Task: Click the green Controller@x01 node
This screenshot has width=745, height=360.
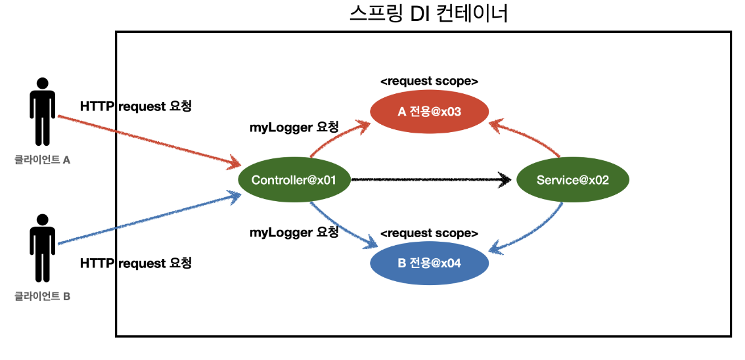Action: pyautogui.click(x=294, y=180)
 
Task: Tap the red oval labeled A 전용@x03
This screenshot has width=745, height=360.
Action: pyautogui.click(x=429, y=112)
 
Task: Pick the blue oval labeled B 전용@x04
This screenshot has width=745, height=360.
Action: pyautogui.click(x=429, y=263)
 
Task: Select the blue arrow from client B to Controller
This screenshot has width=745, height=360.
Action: pyautogui.click(x=148, y=219)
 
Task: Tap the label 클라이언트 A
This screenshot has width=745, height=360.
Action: pyautogui.click(x=43, y=159)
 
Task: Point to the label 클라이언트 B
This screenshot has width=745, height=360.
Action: pyautogui.click(x=43, y=296)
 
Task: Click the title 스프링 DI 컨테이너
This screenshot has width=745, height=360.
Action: pyautogui.click(x=428, y=14)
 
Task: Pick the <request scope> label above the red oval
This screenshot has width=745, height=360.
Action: pyautogui.click(x=429, y=81)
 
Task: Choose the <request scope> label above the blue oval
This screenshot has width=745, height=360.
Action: pyautogui.click(x=429, y=233)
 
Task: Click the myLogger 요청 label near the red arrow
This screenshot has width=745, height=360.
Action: pyautogui.click(x=294, y=127)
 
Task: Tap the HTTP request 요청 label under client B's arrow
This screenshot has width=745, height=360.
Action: pyautogui.click(x=136, y=263)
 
